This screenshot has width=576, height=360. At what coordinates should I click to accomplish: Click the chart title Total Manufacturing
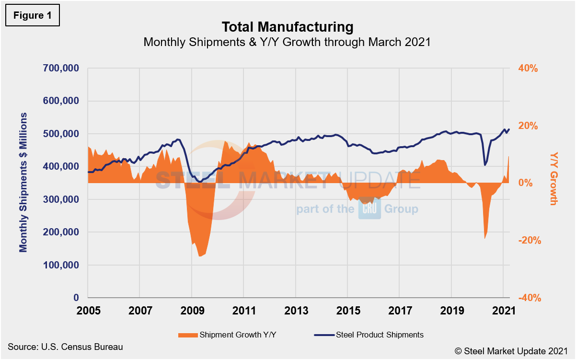click(x=288, y=26)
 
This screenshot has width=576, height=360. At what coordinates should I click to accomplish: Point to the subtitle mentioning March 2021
click(x=288, y=42)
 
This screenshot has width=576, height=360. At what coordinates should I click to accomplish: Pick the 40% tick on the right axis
click(x=528, y=69)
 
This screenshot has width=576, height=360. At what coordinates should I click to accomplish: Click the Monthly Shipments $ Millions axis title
click(x=23, y=183)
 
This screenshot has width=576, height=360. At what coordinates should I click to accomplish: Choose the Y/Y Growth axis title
click(x=554, y=178)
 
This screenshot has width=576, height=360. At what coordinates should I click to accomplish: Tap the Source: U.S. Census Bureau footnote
click(x=65, y=346)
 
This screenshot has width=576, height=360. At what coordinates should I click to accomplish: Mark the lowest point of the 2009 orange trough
click(x=200, y=256)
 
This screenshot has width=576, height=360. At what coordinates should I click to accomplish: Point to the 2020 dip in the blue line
click(x=485, y=165)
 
